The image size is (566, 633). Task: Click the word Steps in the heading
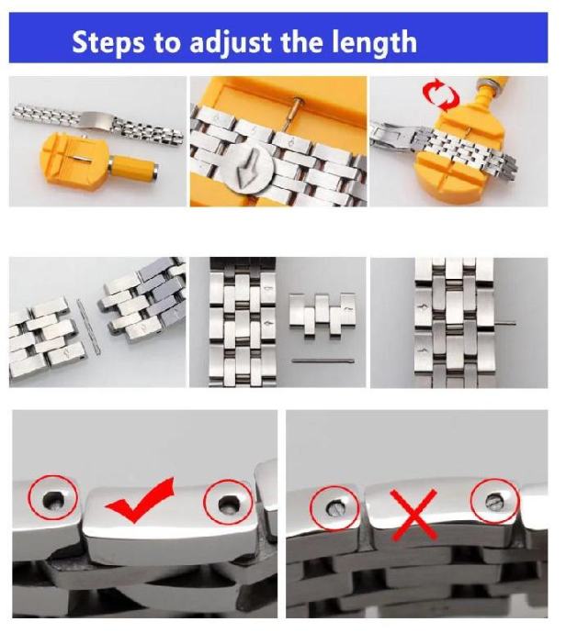pos(108,42)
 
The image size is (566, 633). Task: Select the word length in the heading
pos(374,43)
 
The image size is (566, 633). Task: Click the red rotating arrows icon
pos(441,94)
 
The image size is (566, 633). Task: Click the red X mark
pos(413,515)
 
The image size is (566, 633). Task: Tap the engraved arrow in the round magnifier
pos(246,171)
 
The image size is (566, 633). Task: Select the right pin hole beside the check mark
pos(229,503)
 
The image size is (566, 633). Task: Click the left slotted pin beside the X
pos(336,507)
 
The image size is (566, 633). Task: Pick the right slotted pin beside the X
pos(493,501)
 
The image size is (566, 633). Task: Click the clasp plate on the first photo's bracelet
pos(96,118)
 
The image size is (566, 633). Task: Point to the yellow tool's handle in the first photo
pos(133,165)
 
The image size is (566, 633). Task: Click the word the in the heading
pos(302,42)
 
